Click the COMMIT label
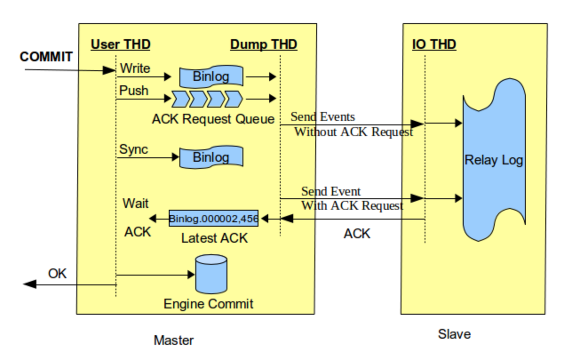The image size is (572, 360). pos(46,57)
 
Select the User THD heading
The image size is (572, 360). pos(120,44)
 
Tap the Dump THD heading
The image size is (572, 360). pos(263,44)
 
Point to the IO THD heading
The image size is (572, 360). pos(434,44)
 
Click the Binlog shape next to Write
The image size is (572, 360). pos(211,77)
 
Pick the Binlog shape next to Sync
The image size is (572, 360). pos(211,158)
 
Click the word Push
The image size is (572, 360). pos(134,91)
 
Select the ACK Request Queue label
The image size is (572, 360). pos(213,119)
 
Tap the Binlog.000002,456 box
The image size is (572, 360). pos(214,219)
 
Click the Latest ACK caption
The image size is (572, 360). pos(214,238)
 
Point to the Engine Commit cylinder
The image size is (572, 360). pos(211,274)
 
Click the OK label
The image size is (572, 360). pos(57,273)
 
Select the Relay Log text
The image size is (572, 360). pos(494,160)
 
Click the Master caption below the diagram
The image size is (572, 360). pos(174,341)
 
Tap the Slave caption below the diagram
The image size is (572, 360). pos(454,334)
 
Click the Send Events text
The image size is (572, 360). pos(322,117)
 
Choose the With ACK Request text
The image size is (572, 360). pos(352,206)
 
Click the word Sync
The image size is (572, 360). pos(133,149)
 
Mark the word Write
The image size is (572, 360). pos(135,68)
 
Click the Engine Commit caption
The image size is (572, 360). pos(208,304)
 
